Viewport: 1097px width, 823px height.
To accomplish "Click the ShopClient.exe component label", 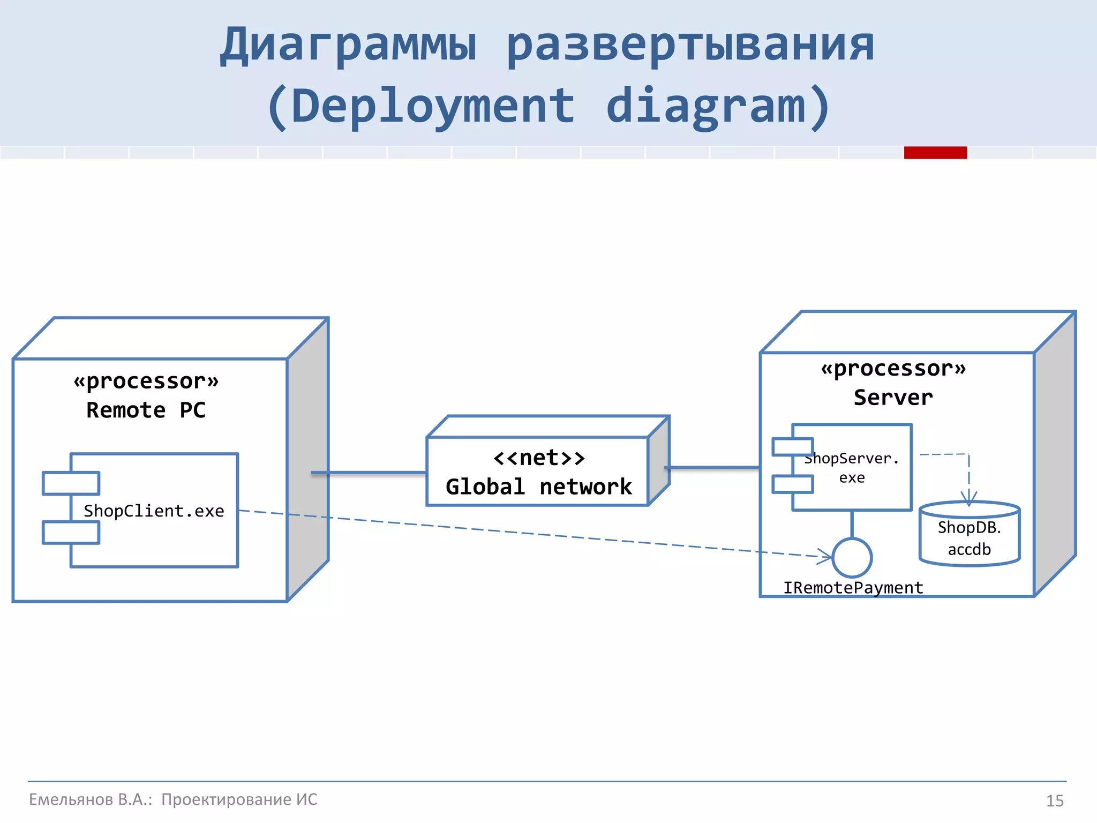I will (154, 511).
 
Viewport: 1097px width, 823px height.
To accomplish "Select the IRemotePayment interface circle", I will (852, 558).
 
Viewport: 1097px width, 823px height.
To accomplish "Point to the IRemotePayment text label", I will (853, 588).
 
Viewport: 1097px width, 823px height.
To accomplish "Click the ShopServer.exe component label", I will (852, 468).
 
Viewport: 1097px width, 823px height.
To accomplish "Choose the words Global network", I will (538, 487).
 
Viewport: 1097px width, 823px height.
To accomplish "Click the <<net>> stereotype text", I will (538, 458).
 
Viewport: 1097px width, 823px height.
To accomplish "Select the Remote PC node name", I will (146, 410).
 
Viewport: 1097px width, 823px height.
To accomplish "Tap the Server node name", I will (893, 398).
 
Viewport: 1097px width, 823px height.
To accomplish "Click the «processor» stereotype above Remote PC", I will (146, 381).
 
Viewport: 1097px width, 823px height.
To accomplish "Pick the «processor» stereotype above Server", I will (893, 369).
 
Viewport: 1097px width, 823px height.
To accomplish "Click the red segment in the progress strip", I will (935, 153).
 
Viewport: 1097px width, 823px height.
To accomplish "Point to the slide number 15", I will (1055, 800).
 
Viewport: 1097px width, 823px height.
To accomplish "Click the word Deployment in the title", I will (433, 106).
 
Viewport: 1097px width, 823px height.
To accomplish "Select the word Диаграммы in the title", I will (348, 45).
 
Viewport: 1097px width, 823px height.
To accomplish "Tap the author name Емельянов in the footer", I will (71, 799).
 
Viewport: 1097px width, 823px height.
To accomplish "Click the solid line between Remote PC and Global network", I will (370, 473).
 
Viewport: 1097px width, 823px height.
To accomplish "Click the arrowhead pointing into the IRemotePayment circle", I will (825, 556).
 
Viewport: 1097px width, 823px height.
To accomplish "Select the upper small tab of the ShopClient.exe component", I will (71, 483).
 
